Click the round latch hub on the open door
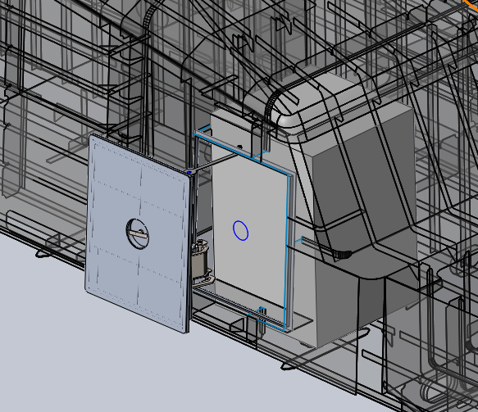point(137,232)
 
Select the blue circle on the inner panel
point(241,230)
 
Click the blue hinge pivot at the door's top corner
point(189,171)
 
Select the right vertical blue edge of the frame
point(288,246)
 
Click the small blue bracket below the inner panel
point(262,310)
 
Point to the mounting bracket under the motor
point(202,282)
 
